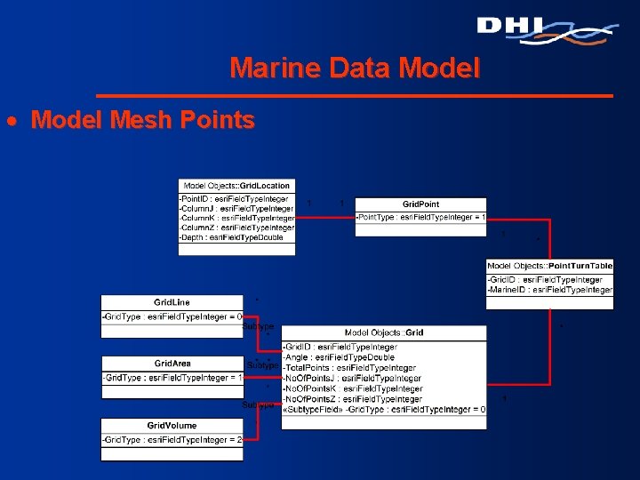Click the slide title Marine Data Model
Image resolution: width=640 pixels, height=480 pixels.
354,68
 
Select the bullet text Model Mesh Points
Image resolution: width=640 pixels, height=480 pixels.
142,120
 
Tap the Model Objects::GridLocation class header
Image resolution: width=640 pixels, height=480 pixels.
236,186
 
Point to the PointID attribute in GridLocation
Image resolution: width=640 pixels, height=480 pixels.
234,198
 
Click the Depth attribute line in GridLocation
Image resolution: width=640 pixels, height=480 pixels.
231,237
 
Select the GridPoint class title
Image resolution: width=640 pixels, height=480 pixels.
420,204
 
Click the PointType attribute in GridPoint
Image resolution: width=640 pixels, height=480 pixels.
420,217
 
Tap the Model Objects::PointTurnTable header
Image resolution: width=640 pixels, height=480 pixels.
549,266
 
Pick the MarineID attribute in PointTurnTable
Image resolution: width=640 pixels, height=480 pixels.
549,290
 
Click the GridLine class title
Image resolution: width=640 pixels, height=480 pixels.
172,302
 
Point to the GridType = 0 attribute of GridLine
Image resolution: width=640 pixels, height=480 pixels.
172,316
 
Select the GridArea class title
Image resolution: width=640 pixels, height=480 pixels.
172,364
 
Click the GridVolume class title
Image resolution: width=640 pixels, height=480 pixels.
172,427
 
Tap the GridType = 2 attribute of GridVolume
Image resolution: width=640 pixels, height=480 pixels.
172,440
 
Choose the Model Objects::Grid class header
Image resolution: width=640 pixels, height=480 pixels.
384,332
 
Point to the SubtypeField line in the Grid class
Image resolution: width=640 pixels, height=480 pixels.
384,410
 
